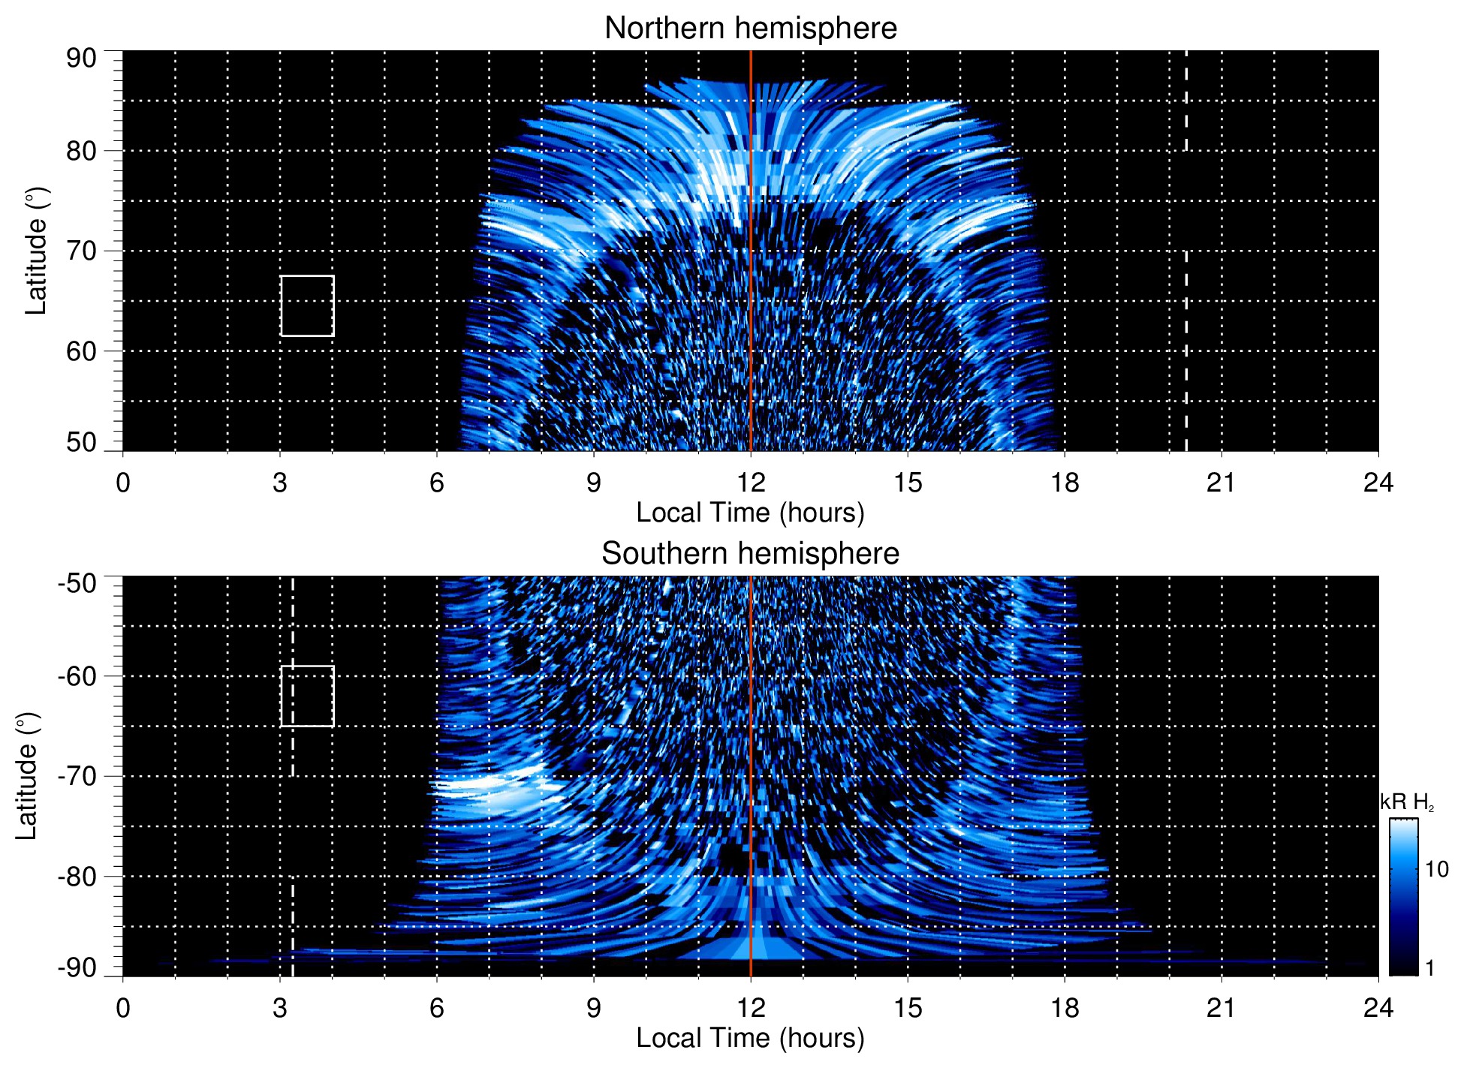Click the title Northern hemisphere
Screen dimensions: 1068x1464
click(750, 29)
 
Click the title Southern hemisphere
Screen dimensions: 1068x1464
click(750, 554)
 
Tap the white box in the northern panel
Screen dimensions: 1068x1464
click(307, 305)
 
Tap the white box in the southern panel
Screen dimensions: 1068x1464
click(307, 696)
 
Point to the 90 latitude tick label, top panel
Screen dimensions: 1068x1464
click(81, 59)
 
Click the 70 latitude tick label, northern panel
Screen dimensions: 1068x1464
click(81, 251)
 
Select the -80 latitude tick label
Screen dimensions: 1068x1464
click(77, 876)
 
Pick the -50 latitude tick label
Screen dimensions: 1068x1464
click(77, 583)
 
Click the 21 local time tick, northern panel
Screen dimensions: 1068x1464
click(1221, 483)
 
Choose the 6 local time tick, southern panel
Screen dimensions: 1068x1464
click(437, 1008)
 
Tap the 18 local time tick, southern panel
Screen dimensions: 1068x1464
click(1065, 1008)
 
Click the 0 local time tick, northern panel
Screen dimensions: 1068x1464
click(123, 483)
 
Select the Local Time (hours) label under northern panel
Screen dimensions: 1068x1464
click(750, 513)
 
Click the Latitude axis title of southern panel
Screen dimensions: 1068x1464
click(27, 776)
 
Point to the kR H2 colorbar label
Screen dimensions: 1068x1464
click(1406, 802)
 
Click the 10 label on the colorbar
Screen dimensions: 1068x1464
click(1436, 869)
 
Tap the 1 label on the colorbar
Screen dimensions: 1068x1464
click(1429, 968)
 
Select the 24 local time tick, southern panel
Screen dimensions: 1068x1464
click(1378, 1008)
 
